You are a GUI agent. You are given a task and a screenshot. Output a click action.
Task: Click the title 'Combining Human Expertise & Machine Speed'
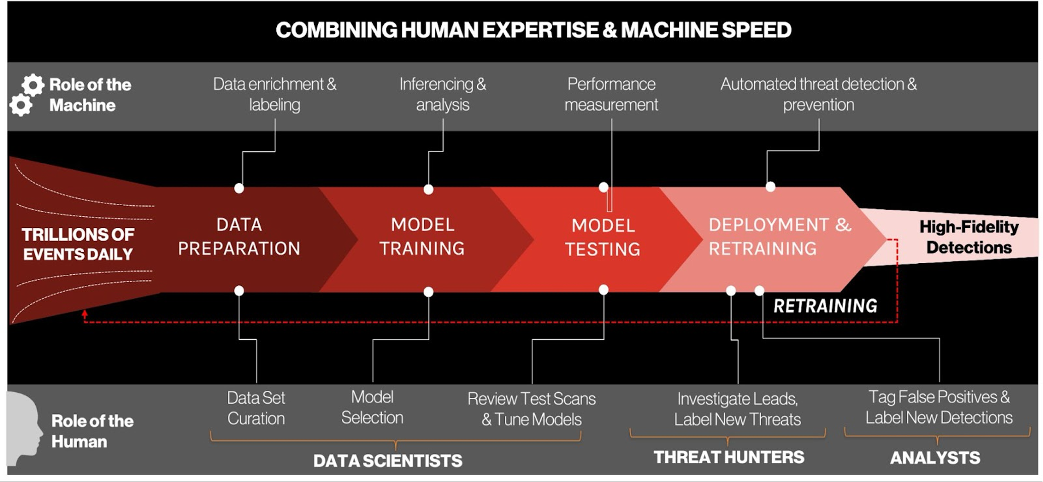point(533,30)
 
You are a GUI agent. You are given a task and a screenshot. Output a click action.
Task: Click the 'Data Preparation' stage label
point(239,236)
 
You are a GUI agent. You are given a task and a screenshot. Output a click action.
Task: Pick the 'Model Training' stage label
point(423,236)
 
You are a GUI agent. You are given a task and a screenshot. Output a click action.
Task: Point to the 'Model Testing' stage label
point(603,237)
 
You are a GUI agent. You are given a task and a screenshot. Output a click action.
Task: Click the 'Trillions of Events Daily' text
point(78,245)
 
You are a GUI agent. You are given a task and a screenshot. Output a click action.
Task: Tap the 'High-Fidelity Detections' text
point(969,237)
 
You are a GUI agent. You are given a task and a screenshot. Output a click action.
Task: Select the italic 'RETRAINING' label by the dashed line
point(826,306)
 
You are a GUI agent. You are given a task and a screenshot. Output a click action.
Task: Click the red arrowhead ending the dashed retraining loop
point(85,314)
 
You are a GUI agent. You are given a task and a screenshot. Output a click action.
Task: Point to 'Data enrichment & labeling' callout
point(275,94)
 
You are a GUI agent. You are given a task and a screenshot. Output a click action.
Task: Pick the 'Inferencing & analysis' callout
point(443,94)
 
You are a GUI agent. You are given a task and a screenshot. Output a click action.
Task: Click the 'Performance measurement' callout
point(611,94)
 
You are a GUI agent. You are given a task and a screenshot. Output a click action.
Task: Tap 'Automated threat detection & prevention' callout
point(819,94)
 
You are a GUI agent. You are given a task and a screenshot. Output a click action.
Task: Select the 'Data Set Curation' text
point(256,408)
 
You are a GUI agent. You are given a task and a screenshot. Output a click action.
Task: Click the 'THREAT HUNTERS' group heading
point(729,457)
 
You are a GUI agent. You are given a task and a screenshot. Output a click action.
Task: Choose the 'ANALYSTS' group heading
point(935,458)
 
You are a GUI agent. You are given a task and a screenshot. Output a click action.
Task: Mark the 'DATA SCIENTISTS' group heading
point(387,461)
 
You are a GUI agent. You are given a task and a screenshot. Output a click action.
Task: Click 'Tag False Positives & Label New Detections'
point(939,407)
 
